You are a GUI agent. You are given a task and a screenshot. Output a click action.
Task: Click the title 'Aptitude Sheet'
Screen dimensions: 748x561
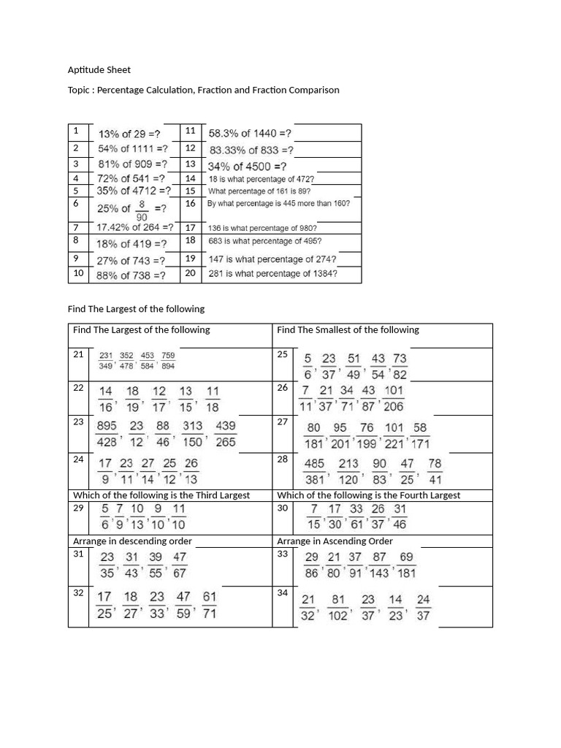99,70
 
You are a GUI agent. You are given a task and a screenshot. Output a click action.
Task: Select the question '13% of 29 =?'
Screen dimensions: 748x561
129,134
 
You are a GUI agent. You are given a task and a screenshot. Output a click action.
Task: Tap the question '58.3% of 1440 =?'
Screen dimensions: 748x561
250,133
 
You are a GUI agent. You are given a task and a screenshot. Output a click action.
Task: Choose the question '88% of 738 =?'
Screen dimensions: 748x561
131,275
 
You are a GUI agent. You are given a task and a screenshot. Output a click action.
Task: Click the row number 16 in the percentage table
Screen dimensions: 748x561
191,204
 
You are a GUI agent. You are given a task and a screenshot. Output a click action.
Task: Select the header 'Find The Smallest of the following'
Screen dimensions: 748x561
348,329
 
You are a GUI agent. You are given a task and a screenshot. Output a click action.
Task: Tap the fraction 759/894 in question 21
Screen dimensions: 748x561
168,361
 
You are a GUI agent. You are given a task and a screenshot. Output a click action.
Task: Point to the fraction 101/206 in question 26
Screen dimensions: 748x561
394,398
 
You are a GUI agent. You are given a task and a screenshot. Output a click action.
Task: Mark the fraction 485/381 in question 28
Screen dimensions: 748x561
315,471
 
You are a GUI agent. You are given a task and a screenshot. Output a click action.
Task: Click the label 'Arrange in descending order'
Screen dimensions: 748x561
132,541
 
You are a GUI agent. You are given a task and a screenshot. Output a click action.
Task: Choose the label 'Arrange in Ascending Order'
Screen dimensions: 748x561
335,541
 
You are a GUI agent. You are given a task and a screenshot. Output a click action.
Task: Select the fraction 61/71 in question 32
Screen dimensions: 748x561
209,606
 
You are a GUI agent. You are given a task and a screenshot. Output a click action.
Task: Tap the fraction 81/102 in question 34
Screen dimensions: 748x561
338,608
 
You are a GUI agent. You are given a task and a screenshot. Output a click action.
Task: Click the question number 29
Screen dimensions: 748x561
78,507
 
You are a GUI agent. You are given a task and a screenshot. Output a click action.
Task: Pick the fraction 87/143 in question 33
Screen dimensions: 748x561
379,565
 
